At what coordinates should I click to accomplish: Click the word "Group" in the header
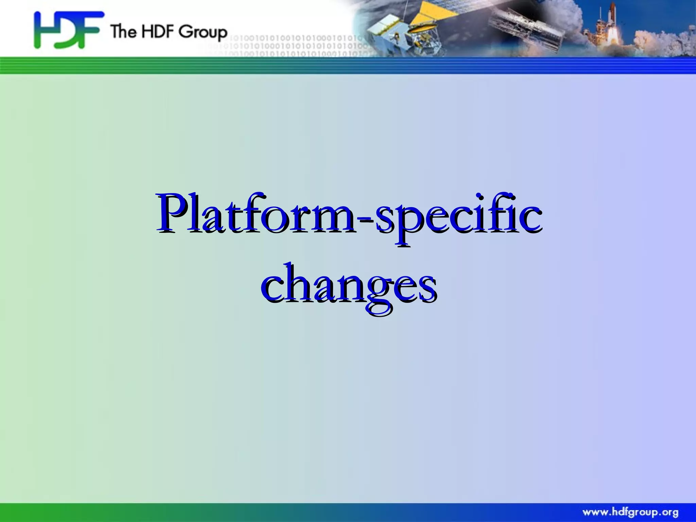(203, 32)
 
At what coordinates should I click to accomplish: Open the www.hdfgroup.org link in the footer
(630, 512)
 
